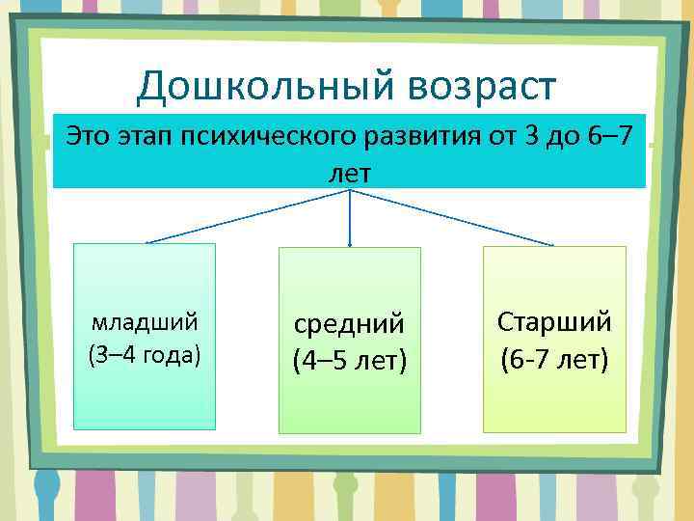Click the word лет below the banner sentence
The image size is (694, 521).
(x=349, y=171)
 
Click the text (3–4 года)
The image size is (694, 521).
(x=145, y=353)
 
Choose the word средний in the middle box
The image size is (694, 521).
(x=349, y=326)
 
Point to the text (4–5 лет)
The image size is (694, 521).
(x=349, y=362)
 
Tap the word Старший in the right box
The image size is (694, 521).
(x=554, y=322)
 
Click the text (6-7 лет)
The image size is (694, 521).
(x=554, y=360)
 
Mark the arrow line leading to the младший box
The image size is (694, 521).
(x=246, y=215)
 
